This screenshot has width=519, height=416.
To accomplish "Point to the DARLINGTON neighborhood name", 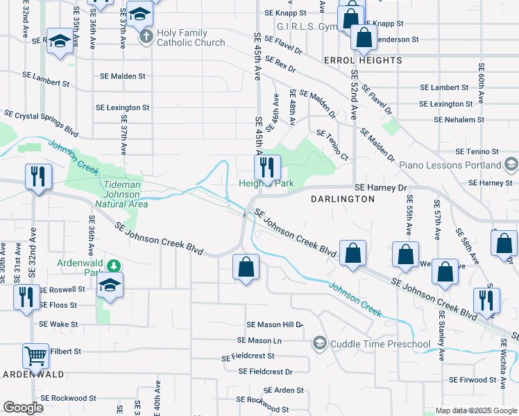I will click(342, 199).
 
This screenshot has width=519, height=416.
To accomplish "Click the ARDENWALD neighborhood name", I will click(35, 374).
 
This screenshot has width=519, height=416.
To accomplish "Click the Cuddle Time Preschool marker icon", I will click(319, 343).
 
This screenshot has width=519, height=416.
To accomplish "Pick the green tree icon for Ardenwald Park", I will click(114, 266).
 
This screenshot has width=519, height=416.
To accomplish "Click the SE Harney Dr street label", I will click(380, 187).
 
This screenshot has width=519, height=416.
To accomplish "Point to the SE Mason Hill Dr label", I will click(275, 324).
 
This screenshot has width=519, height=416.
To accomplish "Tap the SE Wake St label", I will click(58, 324).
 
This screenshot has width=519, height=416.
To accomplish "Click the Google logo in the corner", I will click(23, 408).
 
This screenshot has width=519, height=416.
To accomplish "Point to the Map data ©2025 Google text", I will click(475, 410).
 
